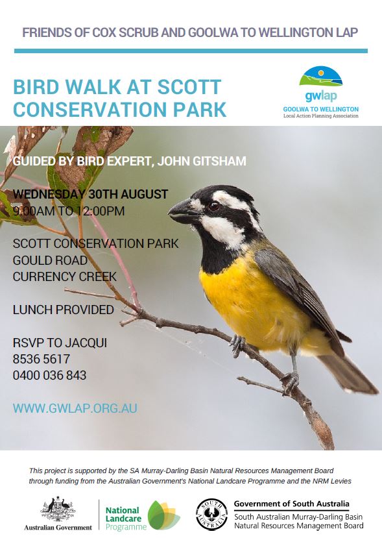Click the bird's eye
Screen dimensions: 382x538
point(214,206)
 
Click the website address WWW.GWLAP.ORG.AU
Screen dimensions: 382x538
point(75,408)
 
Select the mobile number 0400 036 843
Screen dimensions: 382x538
point(49,375)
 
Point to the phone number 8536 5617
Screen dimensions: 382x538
point(42,359)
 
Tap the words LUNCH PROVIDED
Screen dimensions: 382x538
point(64,310)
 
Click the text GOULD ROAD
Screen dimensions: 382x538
point(50,260)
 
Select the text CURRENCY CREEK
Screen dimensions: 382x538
point(65,276)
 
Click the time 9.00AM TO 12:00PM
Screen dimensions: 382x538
point(69,211)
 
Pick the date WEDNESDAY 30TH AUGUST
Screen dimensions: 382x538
point(90,194)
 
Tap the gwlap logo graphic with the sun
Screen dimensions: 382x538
point(320,77)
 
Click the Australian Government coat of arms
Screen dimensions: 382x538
point(58,509)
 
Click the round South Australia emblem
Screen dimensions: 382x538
point(212,515)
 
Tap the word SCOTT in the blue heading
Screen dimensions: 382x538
point(189,87)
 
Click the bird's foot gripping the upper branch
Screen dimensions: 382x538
point(237,345)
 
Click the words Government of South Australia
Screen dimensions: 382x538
point(291,504)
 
